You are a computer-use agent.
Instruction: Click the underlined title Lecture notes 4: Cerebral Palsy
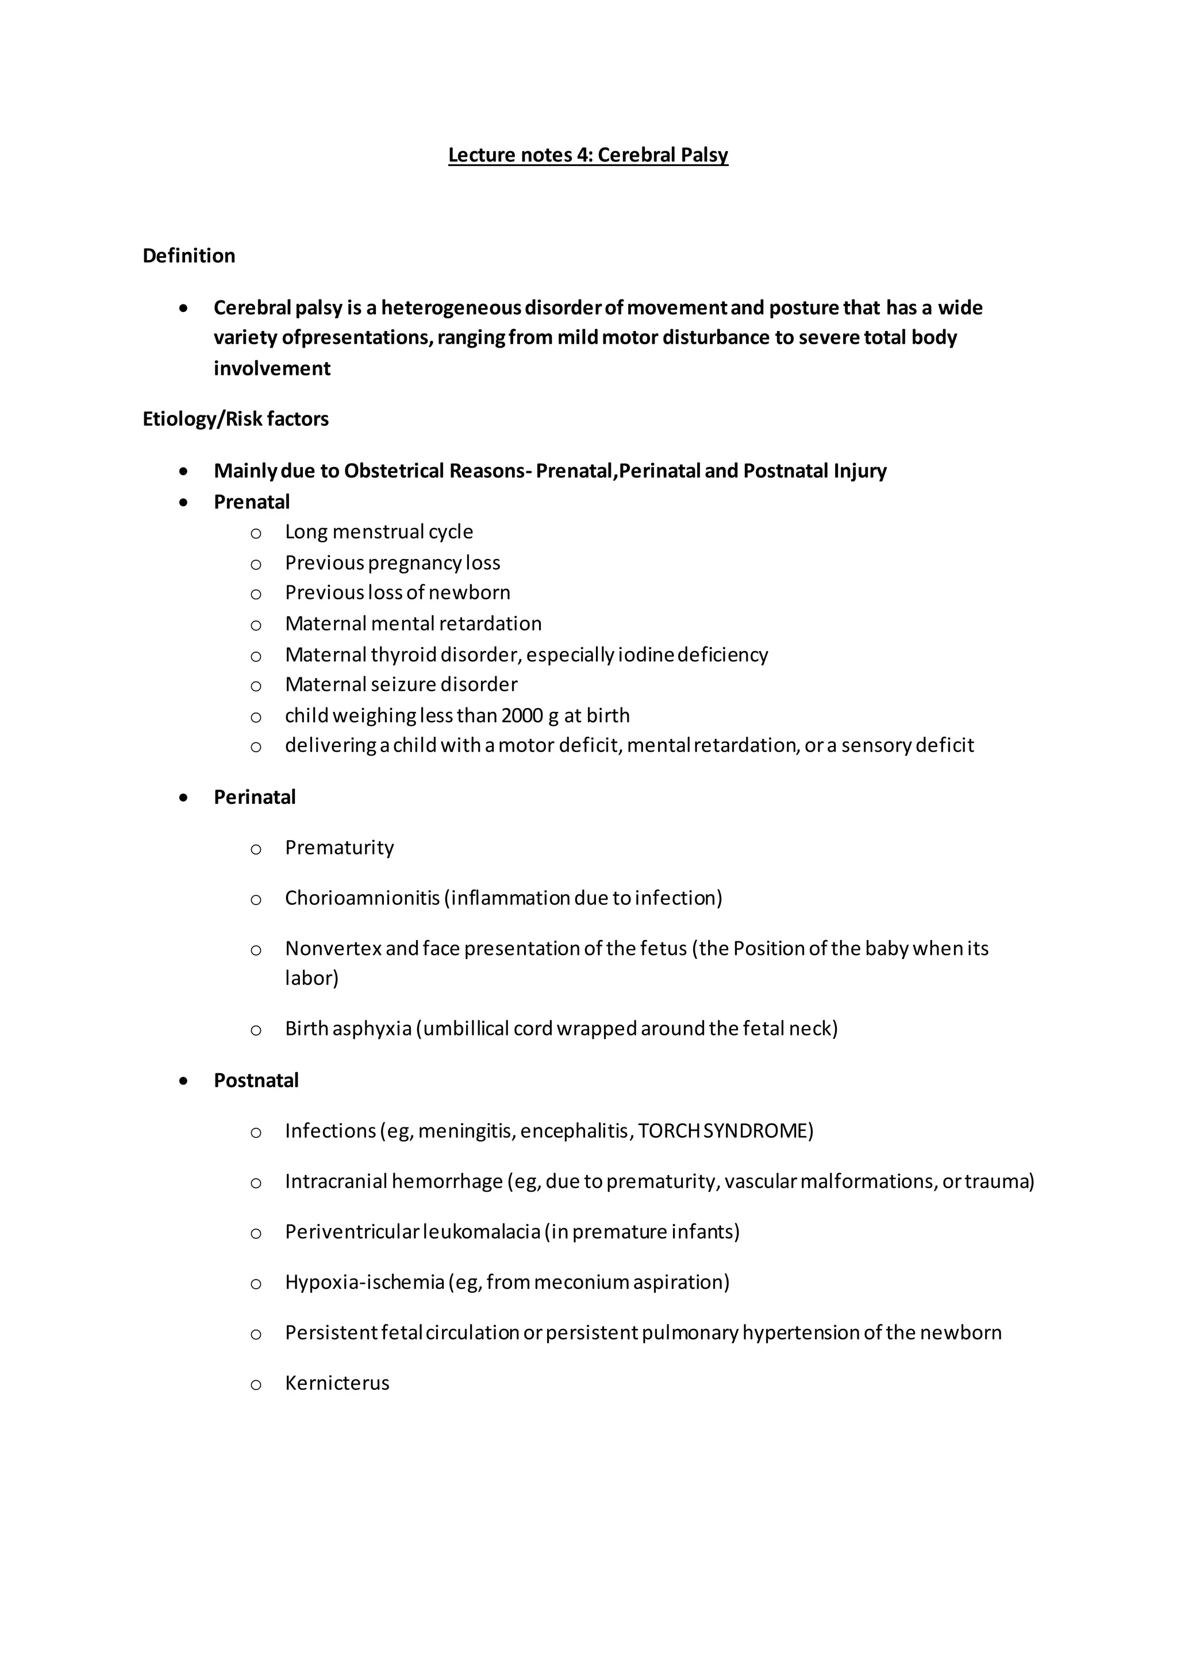tap(588, 155)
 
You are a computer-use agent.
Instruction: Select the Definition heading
tap(189, 256)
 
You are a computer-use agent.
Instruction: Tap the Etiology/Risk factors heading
tap(236, 419)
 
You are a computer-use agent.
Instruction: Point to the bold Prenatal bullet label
tap(252, 502)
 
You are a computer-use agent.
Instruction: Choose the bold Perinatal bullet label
tap(255, 797)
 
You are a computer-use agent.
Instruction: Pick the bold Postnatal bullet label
tap(256, 1081)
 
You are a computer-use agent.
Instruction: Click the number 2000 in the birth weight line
tap(522, 716)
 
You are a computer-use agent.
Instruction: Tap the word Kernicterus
tap(337, 1384)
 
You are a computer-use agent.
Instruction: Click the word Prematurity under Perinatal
tap(339, 848)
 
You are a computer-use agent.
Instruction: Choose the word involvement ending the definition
tap(272, 369)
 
